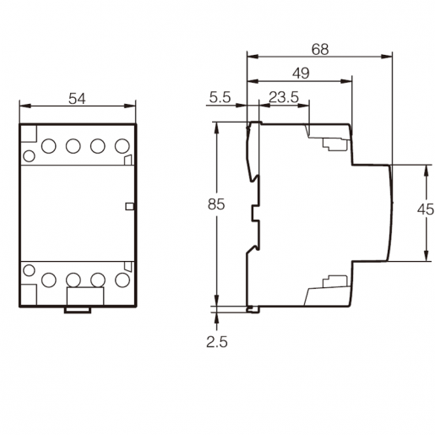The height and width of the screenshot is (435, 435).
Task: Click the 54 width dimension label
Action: [x=77, y=99]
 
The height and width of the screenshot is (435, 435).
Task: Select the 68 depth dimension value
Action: [x=320, y=49]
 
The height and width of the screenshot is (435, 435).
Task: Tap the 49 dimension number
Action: [x=301, y=73]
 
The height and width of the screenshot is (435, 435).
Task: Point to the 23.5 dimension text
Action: [x=284, y=97]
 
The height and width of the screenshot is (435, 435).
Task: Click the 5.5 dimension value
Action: [x=220, y=97]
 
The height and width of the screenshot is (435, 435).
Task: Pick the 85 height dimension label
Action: [x=216, y=204]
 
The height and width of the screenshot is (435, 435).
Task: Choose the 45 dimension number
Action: [x=426, y=209]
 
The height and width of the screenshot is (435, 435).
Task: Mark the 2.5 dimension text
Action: [x=217, y=342]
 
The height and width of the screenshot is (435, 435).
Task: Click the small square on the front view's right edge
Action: [x=129, y=207]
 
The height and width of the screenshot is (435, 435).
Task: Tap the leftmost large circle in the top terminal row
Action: [x=49, y=146]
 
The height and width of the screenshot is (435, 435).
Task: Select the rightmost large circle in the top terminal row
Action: [x=122, y=146]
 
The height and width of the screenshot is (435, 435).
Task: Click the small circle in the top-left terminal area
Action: [x=29, y=156]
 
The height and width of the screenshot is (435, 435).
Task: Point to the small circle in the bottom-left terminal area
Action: [x=29, y=270]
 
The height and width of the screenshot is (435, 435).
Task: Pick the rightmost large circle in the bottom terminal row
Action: [x=122, y=280]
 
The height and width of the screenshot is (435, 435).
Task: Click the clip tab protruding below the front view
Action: [x=78, y=310]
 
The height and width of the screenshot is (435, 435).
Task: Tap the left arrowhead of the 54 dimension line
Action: [x=24, y=106]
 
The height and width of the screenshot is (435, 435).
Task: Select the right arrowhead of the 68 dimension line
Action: [x=387, y=57]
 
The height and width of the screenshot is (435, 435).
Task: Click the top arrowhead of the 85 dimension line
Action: [x=216, y=128]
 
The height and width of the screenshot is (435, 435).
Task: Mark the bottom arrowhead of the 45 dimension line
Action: [x=427, y=256]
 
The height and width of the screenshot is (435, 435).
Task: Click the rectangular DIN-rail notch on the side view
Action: [x=255, y=213]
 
